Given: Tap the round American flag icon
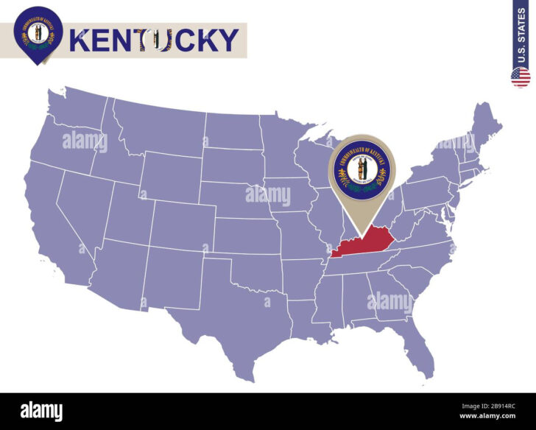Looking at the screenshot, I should (521, 77).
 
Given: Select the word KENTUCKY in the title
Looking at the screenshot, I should (155, 40).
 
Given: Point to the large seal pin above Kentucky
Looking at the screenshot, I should (362, 174).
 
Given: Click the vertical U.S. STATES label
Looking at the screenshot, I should (521, 35).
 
